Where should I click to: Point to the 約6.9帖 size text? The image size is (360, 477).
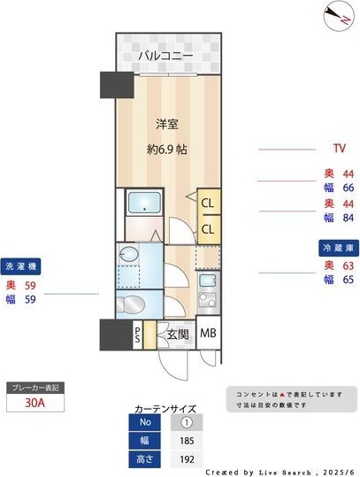coord(166,149)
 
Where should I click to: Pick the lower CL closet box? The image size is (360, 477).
coord(208,229)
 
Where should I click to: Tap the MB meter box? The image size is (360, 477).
coord(208,334)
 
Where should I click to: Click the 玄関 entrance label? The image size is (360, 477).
coord(177,335)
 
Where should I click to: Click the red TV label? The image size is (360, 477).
coord(339,148)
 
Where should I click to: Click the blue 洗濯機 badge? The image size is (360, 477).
coord(22,265)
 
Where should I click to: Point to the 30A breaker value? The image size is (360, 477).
coord(34,404)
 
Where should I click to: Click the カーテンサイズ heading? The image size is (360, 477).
coord(165,408)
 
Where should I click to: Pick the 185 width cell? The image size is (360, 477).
coord(187,440)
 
